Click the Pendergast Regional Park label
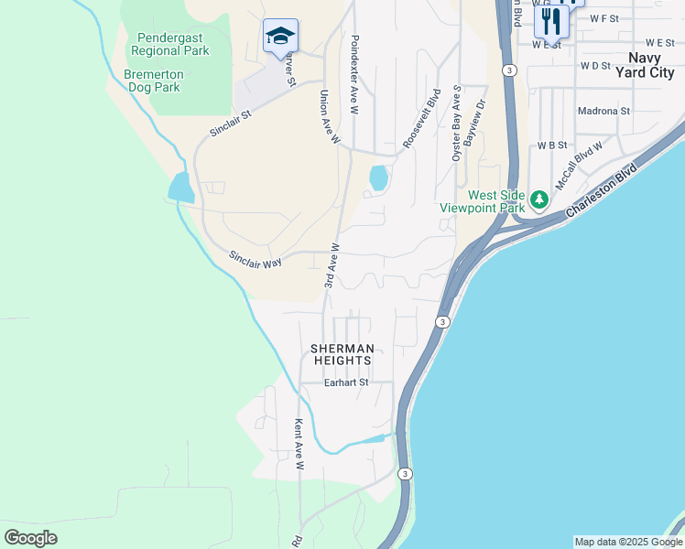click(173, 44)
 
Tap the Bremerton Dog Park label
click(154, 81)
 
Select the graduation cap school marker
click(280, 37)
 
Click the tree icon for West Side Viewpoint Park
click(539, 199)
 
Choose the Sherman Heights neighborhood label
click(342, 355)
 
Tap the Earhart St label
click(346, 382)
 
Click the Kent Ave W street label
click(299, 445)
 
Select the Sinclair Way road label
click(256, 260)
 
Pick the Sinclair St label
click(230, 124)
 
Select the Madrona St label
click(604, 111)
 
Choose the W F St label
click(604, 17)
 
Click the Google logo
click(30, 538)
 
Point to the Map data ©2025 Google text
click(627, 542)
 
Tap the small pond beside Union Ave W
click(377, 178)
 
